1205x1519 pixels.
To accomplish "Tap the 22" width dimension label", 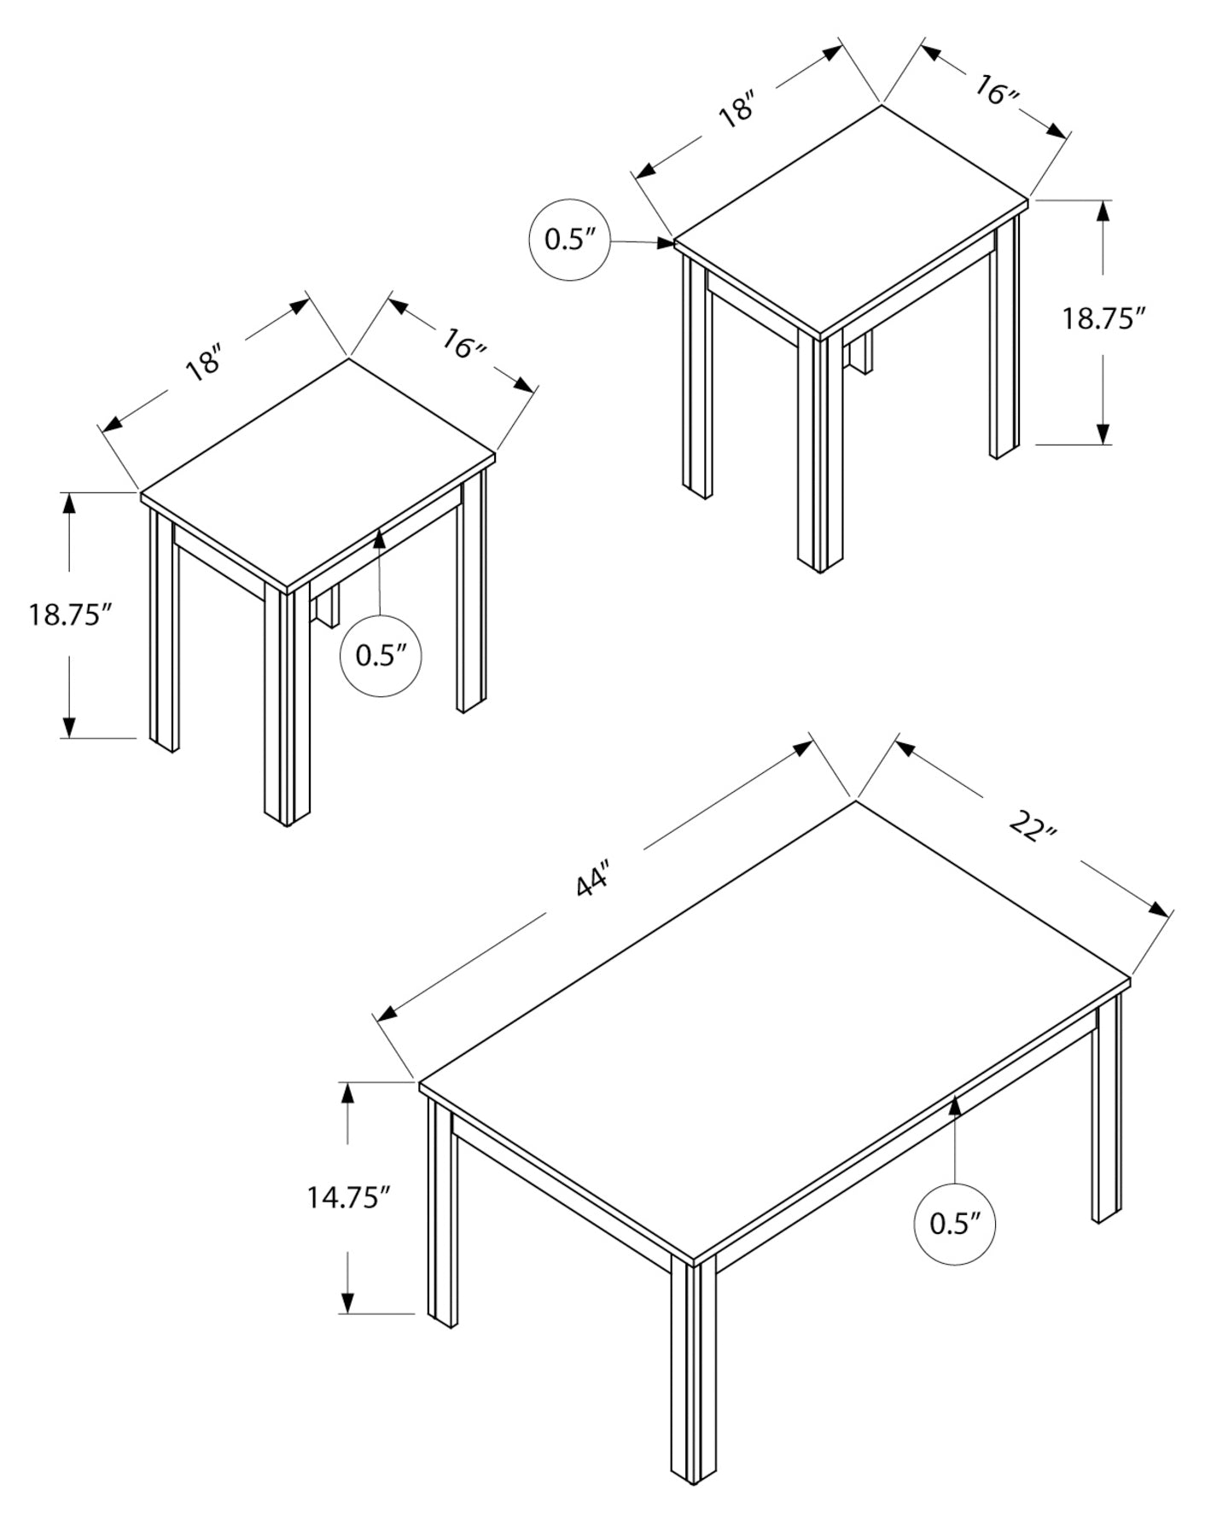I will click(1033, 826).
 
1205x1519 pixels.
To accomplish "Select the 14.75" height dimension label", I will click(348, 1197).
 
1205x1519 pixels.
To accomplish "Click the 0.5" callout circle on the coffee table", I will click(954, 1224).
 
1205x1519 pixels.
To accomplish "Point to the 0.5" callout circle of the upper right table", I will click(570, 240).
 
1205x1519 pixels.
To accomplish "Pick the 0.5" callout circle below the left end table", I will click(381, 655).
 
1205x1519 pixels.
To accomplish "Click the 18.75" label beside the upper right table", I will click(1102, 318).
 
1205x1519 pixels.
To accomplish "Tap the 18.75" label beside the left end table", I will click(70, 614).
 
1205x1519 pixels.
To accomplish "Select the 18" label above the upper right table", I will click(737, 111).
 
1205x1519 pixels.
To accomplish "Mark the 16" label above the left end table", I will click(463, 344).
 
